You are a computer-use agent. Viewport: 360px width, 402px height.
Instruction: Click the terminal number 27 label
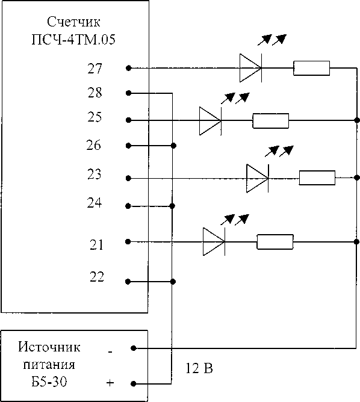point(95,69)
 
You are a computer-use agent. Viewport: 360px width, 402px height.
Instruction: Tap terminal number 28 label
point(95,93)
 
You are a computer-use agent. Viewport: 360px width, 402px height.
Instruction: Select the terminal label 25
point(95,117)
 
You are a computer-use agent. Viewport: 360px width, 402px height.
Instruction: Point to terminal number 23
point(95,174)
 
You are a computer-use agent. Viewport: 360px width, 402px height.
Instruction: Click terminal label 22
point(97,277)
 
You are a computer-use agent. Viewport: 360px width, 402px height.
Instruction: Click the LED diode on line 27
point(251,68)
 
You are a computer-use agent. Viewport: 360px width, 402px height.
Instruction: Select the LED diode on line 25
point(210,120)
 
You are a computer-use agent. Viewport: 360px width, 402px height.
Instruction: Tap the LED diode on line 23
point(258,178)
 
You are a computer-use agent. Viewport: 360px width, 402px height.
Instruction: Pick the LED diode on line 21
point(214,241)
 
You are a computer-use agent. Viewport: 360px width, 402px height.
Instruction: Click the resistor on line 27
point(312,68)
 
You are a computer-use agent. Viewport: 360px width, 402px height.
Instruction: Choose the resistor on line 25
point(271,120)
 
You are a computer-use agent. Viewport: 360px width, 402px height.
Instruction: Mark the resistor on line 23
point(317,178)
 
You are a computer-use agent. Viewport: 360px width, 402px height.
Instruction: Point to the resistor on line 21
point(275,241)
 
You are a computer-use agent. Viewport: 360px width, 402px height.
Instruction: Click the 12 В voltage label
point(199,368)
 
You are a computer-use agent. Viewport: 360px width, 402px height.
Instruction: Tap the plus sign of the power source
point(110,383)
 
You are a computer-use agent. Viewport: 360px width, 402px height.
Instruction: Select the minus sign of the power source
point(110,352)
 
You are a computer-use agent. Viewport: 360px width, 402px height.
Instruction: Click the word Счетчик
point(73,22)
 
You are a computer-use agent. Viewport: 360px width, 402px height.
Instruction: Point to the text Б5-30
point(49,382)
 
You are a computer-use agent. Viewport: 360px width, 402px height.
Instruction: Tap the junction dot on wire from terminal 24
point(172,206)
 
